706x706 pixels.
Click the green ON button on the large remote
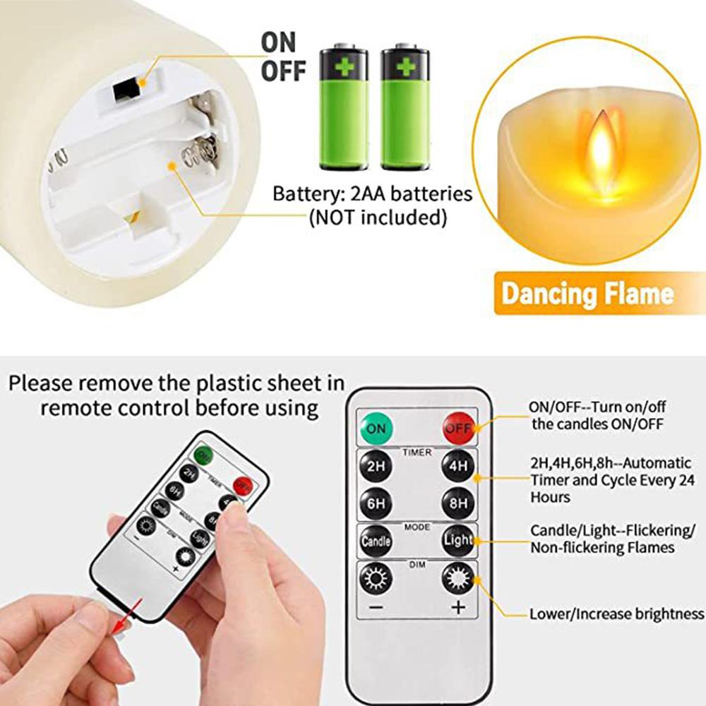376,428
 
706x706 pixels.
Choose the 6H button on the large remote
376,504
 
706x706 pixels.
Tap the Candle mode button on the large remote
376,542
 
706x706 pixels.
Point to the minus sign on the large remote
376,607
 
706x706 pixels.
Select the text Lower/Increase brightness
617,614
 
